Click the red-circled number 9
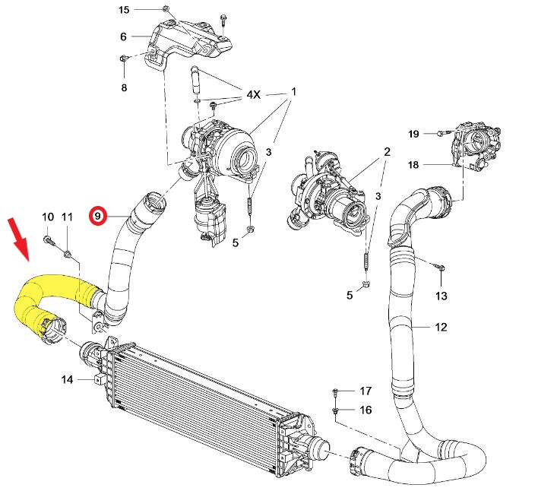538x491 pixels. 97,216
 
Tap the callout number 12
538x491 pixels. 441,328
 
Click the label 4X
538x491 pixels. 253,96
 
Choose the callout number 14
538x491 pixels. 67,379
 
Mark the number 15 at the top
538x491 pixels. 125,9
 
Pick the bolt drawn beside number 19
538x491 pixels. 441,135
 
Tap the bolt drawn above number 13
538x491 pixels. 439,267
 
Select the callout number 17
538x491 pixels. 366,391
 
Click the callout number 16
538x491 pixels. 366,410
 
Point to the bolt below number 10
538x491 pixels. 48,240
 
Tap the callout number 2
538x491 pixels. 387,152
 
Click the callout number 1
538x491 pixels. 293,92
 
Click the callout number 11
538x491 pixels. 67,217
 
